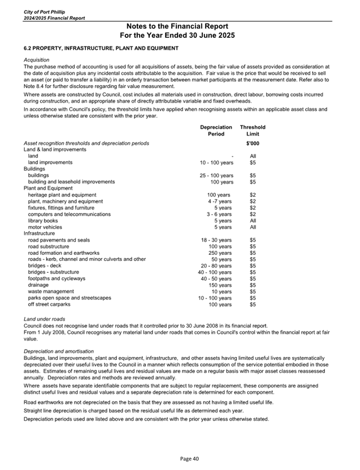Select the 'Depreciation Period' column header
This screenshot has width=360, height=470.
(216, 130)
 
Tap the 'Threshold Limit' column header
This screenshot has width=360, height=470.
(253, 130)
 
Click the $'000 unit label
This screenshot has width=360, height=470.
(253, 143)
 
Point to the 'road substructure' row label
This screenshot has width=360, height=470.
(49, 247)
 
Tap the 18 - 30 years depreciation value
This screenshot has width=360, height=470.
(216, 240)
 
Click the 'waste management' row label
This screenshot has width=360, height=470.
(52, 291)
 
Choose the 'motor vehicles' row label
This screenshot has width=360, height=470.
(46, 227)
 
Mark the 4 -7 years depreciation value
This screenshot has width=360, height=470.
(219, 201)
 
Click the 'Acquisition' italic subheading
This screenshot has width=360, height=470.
(36, 60)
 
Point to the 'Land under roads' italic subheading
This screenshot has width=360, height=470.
(44, 319)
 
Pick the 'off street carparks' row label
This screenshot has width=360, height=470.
(50, 304)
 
